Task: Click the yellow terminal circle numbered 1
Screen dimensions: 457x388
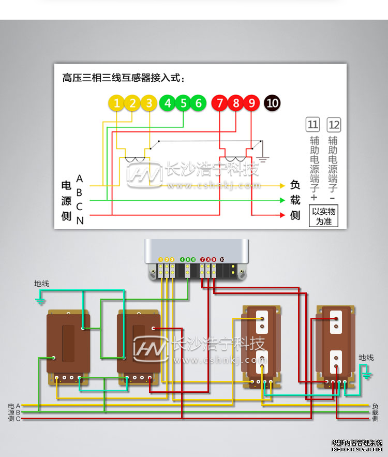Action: [117, 104]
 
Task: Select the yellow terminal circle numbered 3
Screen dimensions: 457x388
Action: [149, 104]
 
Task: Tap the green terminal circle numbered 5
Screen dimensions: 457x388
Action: [183, 104]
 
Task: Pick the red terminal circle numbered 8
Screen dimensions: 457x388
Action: [236, 104]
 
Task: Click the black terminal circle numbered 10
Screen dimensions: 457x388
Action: [272, 104]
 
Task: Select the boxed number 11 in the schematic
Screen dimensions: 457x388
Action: [313, 125]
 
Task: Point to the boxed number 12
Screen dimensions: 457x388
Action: [334, 125]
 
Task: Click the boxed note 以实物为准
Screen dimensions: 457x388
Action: [323, 216]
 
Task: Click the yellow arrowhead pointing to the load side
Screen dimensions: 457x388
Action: [282, 185]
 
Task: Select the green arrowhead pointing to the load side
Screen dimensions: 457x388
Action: [282, 200]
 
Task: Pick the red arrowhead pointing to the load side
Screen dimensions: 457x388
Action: [282, 215]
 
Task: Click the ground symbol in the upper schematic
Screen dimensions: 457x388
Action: [263, 155]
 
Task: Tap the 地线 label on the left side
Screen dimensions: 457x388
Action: [42, 284]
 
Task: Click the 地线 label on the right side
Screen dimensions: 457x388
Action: [366, 358]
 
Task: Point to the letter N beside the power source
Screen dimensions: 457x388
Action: [80, 220]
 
